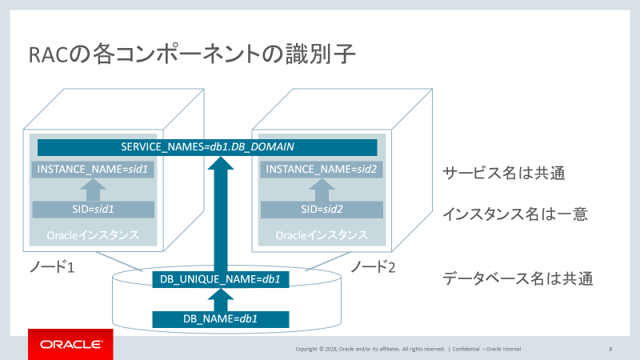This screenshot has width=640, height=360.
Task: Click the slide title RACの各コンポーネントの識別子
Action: [191, 56]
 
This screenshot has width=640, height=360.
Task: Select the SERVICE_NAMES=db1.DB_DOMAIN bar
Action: [207, 147]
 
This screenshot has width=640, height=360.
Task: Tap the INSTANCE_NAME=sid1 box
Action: [94, 170]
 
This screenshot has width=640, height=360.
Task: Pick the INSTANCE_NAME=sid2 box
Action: [321, 170]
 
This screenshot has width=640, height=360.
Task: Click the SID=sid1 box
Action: [94, 210]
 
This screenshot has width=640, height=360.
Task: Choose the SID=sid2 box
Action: [321, 210]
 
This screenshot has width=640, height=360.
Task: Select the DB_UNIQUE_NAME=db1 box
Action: [220, 279]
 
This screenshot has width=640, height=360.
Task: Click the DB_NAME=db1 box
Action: [220, 318]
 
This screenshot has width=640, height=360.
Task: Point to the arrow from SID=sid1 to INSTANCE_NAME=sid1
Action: [94, 190]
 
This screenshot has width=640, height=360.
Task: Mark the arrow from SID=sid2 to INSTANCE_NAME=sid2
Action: [321, 190]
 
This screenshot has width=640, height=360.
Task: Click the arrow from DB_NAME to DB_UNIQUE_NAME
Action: [220, 299]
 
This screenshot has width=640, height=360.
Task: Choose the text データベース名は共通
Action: [516, 280]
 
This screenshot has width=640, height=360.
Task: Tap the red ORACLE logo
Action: [70, 344]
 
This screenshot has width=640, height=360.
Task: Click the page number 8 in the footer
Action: [610, 349]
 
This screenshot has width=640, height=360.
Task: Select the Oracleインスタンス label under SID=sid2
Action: [321, 236]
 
